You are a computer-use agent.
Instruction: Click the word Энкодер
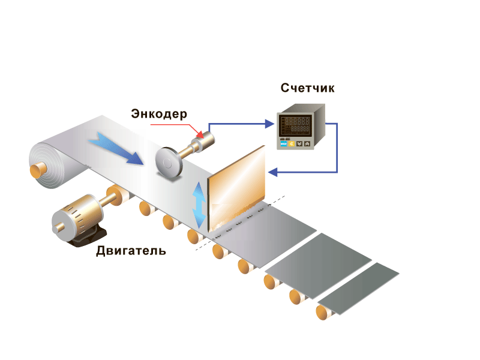(x=159, y=113)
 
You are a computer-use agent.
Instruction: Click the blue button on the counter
(x=282, y=144)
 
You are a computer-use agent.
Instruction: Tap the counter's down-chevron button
(x=299, y=144)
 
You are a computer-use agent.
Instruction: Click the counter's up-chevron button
(x=307, y=144)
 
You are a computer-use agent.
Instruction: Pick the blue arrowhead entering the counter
(x=269, y=124)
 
